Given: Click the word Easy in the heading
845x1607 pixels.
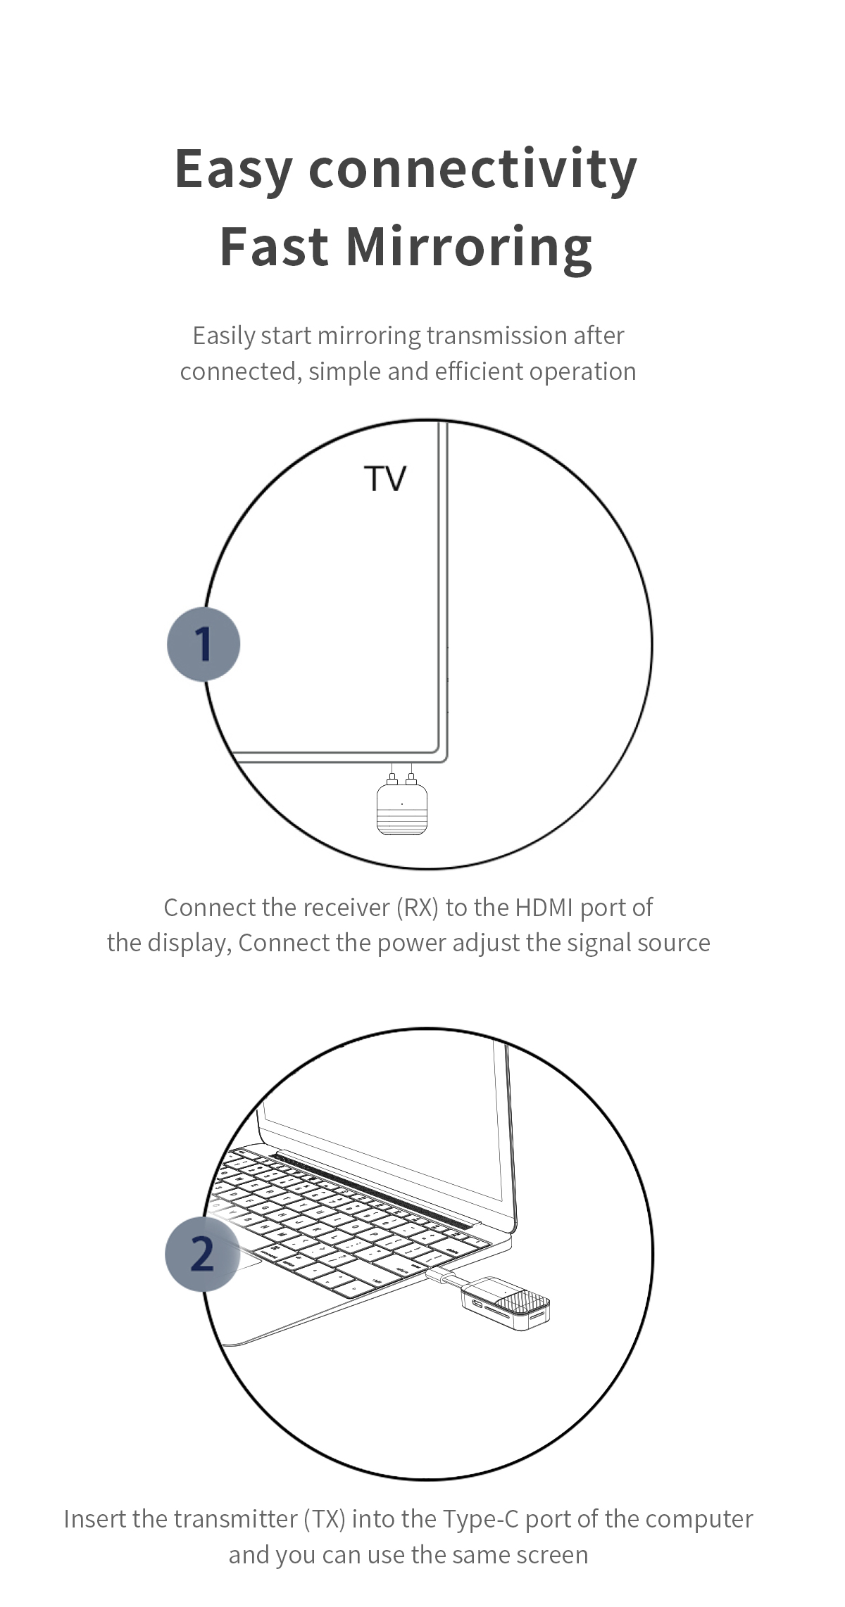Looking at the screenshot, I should (x=233, y=170).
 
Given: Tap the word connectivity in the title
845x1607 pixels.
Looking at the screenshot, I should (x=472, y=170).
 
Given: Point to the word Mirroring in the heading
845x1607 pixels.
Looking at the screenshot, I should (x=468, y=247).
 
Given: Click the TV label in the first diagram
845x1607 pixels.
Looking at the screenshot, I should (x=385, y=479).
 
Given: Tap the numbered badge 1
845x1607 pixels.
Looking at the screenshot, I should (x=204, y=644).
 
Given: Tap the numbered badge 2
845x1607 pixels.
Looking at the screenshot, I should (x=202, y=1254).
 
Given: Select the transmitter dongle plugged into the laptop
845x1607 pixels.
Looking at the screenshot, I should (x=506, y=1303).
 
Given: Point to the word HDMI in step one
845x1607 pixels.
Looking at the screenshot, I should (x=544, y=908).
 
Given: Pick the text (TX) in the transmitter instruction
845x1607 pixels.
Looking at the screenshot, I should (x=325, y=1519).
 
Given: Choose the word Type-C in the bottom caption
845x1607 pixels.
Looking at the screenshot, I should (x=480, y=1519).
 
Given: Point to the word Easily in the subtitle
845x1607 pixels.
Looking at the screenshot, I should (x=224, y=336).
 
